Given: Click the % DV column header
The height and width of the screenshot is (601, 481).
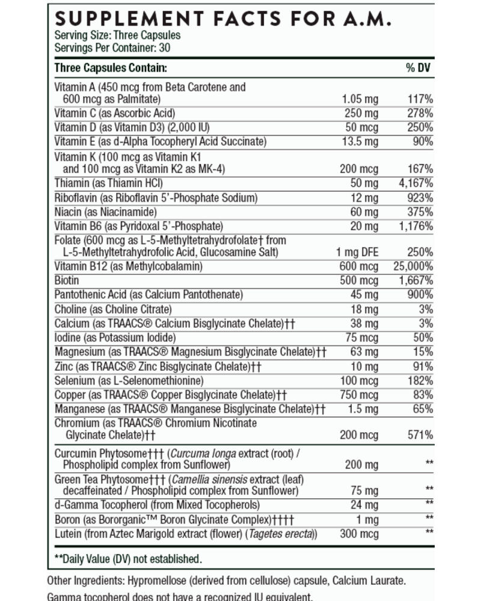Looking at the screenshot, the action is click(418, 68).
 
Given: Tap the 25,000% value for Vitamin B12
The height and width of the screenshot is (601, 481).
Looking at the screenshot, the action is click(413, 266).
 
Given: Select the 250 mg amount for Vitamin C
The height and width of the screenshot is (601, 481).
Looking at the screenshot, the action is click(361, 114).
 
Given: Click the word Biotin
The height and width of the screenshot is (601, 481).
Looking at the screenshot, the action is click(67, 280).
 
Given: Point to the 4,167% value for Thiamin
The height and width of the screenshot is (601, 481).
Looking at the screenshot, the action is click(416, 183).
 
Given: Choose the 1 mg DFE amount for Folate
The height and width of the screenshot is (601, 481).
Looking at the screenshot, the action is click(357, 252).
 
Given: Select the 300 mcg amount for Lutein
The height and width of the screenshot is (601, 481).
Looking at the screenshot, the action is click(359, 534).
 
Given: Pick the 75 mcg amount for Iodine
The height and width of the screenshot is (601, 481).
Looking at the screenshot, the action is click(362, 338).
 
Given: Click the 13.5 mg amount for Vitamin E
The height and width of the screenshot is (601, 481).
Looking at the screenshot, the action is click(360, 141).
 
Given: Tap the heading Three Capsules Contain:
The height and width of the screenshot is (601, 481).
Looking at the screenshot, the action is click(111, 68).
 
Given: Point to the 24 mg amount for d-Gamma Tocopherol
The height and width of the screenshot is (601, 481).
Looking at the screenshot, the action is click(364, 505).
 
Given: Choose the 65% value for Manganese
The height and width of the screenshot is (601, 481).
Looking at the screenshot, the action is click(423, 409).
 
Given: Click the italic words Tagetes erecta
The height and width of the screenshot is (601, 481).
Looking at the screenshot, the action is click(281, 534).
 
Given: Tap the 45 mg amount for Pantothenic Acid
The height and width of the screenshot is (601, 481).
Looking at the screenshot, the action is click(364, 294).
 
